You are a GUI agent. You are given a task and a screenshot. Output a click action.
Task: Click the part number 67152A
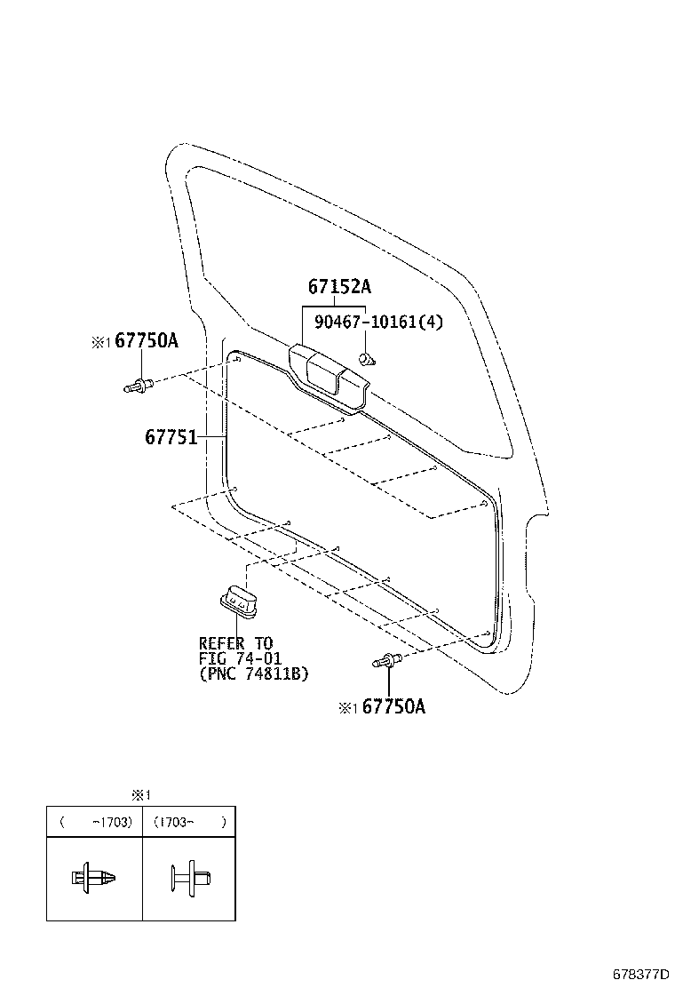tap(339, 287)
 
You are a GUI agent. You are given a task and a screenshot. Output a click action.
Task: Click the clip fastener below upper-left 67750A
tap(139, 386)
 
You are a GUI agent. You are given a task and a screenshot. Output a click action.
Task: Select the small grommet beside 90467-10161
tap(366, 358)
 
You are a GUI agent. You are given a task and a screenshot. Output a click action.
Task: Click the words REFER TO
tap(235, 643)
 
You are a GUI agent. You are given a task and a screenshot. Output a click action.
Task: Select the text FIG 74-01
tap(239, 658)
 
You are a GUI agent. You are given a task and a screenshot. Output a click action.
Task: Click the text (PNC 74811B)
tap(253, 674)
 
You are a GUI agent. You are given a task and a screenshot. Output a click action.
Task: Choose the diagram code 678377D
tap(639, 975)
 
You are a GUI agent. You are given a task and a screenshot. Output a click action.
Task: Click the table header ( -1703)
tap(97, 823)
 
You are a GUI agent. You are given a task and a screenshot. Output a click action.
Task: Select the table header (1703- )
tap(189, 823)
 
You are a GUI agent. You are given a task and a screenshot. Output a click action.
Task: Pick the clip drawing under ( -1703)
tap(93, 877)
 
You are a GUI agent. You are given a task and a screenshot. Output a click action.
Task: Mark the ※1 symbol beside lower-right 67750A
tap(347, 708)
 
